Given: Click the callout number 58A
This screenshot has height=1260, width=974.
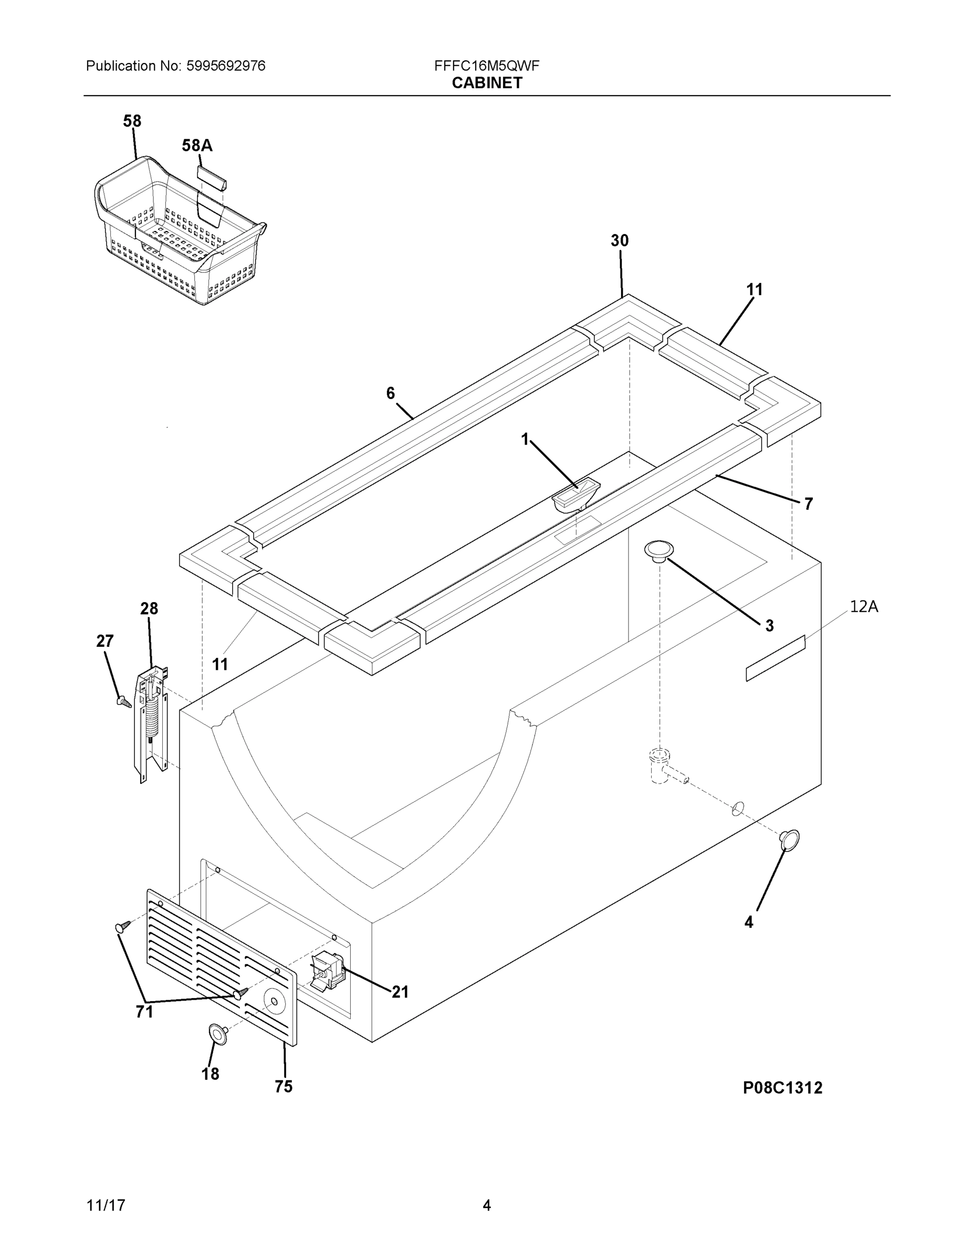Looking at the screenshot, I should click(197, 145).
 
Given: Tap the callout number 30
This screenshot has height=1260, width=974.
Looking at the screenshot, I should click(619, 240).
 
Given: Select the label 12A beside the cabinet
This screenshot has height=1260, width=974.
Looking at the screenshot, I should click(863, 606).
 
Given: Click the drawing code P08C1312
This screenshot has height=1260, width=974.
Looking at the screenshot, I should click(782, 1087).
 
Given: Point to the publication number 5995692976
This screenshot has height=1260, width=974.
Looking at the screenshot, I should click(226, 66).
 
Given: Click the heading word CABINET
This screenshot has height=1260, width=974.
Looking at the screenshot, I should click(486, 83).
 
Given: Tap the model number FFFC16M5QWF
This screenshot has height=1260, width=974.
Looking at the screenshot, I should click(486, 66).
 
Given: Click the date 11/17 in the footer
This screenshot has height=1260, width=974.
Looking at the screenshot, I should click(106, 1205).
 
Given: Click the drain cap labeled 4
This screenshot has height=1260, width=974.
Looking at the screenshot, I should click(789, 839).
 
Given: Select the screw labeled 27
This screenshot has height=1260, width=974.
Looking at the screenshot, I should click(123, 701).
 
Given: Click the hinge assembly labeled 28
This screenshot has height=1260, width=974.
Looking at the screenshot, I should click(151, 724).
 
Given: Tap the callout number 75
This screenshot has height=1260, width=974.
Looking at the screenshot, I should click(284, 1086).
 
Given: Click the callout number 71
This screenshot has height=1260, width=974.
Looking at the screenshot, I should click(144, 1011).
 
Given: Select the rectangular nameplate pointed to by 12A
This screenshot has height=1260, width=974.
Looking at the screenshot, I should click(775, 658).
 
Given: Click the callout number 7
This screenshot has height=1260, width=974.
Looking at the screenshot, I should click(808, 503).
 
